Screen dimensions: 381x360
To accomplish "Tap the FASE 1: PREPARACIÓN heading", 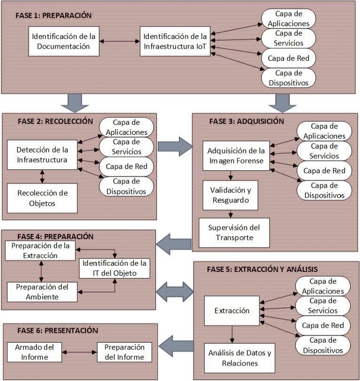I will (x=53, y=15).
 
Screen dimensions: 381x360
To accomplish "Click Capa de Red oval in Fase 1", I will (x=288, y=59).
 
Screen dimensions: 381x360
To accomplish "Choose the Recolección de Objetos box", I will (x=42, y=198).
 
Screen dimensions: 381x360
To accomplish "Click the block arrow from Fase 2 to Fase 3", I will (x=174, y=147).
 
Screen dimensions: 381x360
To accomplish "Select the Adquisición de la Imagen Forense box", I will (x=236, y=156).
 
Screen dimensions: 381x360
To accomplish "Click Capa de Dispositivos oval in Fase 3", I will (x=324, y=190).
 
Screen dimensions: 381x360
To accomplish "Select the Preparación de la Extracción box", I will (x=40, y=250).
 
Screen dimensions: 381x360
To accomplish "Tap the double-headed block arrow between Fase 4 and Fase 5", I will (x=174, y=291).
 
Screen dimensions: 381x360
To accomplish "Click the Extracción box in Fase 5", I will (x=232, y=311).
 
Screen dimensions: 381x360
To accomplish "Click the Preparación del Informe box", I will (x=124, y=352).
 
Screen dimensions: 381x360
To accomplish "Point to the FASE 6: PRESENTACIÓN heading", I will (x=57, y=330).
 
